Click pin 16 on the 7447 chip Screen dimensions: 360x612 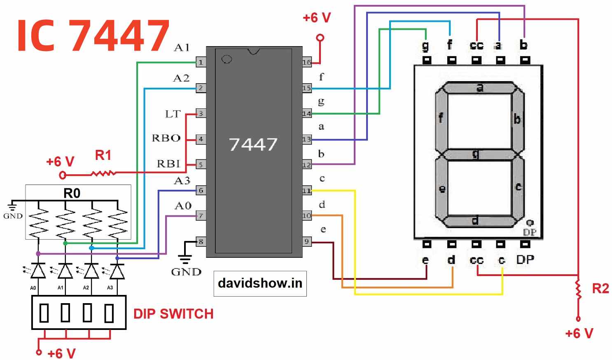tap(307, 63)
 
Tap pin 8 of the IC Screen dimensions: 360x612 tap(201, 242)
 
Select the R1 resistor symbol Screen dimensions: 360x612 tap(103, 173)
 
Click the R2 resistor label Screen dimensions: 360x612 tap(600, 288)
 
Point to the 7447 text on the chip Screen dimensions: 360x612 tap(253, 144)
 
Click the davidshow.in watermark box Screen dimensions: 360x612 tap(260, 283)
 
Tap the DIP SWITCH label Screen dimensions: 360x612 tap(173, 314)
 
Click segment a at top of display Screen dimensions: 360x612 tap(479, 87)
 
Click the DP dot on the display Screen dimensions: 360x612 tap(530, 223)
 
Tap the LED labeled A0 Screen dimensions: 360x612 tap(38, 271)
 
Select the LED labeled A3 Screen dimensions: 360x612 tap(117, 271)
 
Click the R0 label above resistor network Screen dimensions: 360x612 tap(72, 193)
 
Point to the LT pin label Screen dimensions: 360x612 tap(173, 114)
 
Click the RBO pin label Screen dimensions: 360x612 tap(166, 138)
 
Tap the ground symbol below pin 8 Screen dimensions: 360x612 tap(185, 259)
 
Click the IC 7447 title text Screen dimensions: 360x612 tap(93, 36)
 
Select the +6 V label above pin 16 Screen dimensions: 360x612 tap(316, 18)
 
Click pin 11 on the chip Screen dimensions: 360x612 tap(307, 191)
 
